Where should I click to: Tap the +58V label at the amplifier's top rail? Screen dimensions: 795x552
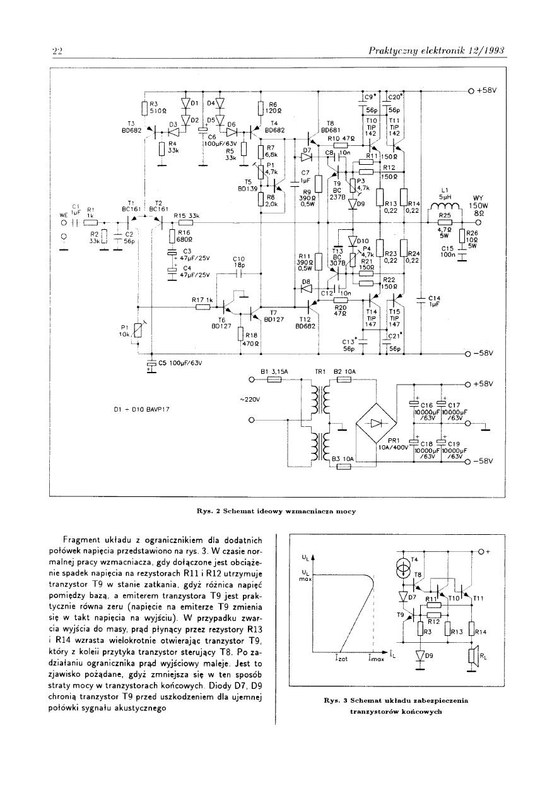coord(487,90)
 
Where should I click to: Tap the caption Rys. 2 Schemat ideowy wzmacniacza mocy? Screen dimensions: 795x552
coord(277,511)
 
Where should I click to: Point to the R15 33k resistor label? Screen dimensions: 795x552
coord(186,216)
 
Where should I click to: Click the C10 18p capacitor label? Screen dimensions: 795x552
coord(238,262)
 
